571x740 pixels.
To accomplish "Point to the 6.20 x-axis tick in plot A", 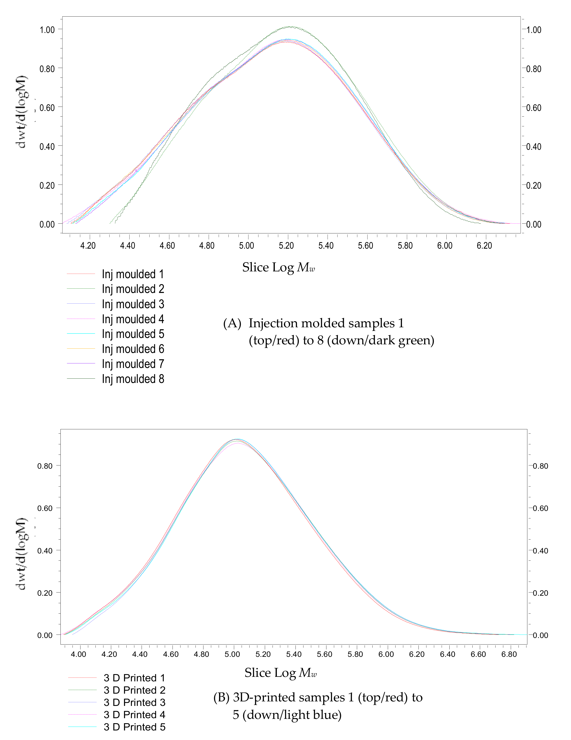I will coord(484,245).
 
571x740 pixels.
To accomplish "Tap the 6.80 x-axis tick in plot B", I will coord(509,654).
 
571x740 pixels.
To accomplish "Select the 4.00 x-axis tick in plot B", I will coord(78,654).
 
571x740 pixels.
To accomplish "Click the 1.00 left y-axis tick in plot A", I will coord(47,30).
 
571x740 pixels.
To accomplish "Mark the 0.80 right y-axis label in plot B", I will coord(541,466).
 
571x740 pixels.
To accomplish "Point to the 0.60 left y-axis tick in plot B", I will coord(45,508).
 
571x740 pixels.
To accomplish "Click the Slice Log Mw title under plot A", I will coord(278,267).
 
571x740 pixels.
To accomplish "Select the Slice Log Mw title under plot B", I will coord(280,672).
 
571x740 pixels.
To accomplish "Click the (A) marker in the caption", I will coord(232,323).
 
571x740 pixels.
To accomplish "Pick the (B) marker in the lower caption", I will coord(222,697).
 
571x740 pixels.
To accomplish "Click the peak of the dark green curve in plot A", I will coord(290,26).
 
